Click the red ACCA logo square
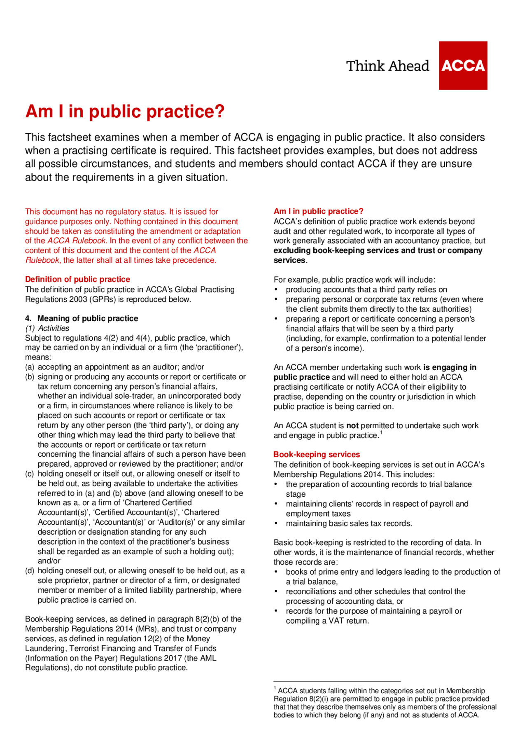(463, 65)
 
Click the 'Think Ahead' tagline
(387, 66)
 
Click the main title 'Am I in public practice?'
(125, 112)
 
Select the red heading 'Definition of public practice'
(77, 279)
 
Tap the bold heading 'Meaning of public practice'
(88, 318)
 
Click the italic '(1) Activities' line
(47, 328)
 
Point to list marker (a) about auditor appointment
(30, 367)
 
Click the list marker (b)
(30, 377)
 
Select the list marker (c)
(30, 474)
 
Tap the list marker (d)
(30, 571)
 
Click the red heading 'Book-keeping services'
(317, 454)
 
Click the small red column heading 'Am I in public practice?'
(318, 211)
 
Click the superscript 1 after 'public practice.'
(381, 432)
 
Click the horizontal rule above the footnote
(337, 681)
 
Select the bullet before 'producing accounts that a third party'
(276, 290)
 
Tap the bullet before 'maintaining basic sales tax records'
(276, 524)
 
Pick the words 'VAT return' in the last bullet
(348, 621)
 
